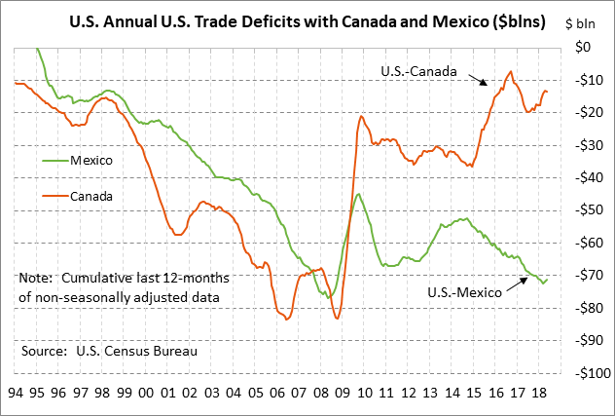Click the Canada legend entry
[x=91, y=196]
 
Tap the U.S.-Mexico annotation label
[x=466, y=291]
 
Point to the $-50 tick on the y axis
[x=586, y=209]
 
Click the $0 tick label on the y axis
[x=591, y=47]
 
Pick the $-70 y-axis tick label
[x=586, y=275]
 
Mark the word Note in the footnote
[x=36, y=278]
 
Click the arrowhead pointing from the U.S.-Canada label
[x=488, y=84]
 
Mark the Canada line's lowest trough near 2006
[x=288, y=318]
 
